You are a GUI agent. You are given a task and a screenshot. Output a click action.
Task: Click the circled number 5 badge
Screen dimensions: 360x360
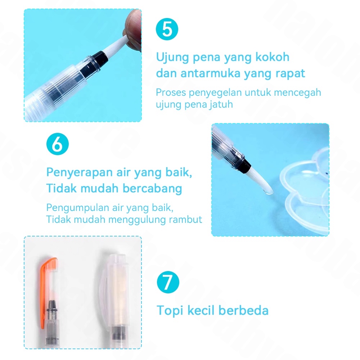[x=167, y=29]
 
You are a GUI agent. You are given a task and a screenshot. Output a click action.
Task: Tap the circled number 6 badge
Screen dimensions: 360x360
[x=57, y=144]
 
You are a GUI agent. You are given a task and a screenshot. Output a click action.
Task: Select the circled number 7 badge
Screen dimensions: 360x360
[x=168, y=282]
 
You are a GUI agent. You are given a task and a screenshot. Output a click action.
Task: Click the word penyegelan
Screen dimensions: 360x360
[x=215, y=93]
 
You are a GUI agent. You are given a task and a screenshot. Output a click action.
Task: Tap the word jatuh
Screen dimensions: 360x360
[x=221, y=104]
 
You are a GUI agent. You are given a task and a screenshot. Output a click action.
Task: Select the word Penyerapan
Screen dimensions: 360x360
[x=80, y=172]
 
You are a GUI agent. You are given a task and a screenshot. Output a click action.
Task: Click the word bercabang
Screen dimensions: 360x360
[x=152, y=188]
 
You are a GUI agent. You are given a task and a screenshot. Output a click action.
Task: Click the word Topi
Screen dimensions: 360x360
[x=170, y=311]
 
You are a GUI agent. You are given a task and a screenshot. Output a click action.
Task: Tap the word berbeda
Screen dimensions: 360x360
[x=243, y=310]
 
